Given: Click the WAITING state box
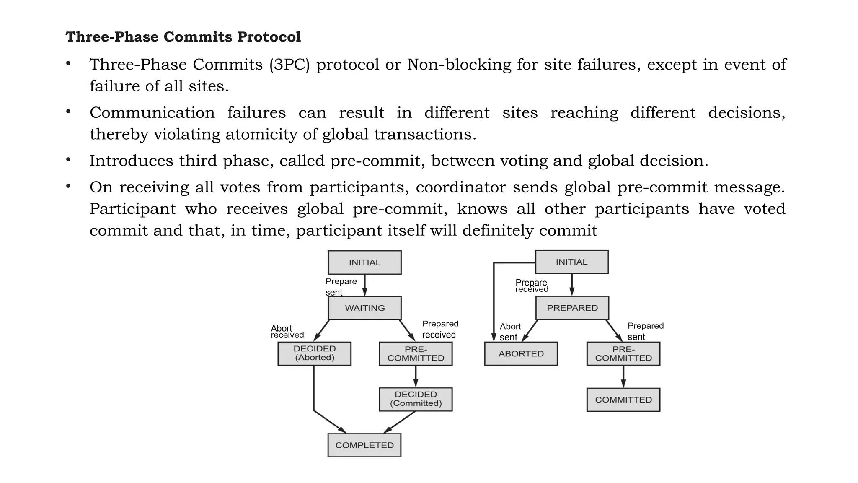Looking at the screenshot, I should click(x=364, y=308).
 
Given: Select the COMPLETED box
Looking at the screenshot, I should click(x=364, y=445).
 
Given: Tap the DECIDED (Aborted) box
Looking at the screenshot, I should click(x=314, y=353).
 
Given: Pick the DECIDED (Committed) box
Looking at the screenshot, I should click(x=416, y=399).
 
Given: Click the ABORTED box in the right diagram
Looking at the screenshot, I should click(x=521, y=353).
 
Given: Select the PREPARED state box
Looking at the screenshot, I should click(x=572, y=308).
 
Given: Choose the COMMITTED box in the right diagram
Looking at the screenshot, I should click(x=623, y=400).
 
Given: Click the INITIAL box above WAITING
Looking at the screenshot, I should click(x=364, y=262).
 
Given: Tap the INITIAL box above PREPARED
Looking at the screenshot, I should click(x=571, y=262).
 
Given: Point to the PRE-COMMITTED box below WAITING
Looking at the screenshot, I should click(x=416, y=353).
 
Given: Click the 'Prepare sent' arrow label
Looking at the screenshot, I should click(x=341, y=287).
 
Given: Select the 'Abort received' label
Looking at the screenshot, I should click(x=287, y=331).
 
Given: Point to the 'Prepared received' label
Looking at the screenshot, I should click(x=440, y=329).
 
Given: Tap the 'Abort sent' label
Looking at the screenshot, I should click(x=509, y=332).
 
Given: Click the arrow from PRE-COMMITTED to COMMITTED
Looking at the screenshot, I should click(x=623, y=376).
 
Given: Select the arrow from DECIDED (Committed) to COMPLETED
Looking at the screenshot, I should click(x=400, y=422).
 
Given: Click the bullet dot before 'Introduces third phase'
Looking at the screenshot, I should click(x=68, y=160).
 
